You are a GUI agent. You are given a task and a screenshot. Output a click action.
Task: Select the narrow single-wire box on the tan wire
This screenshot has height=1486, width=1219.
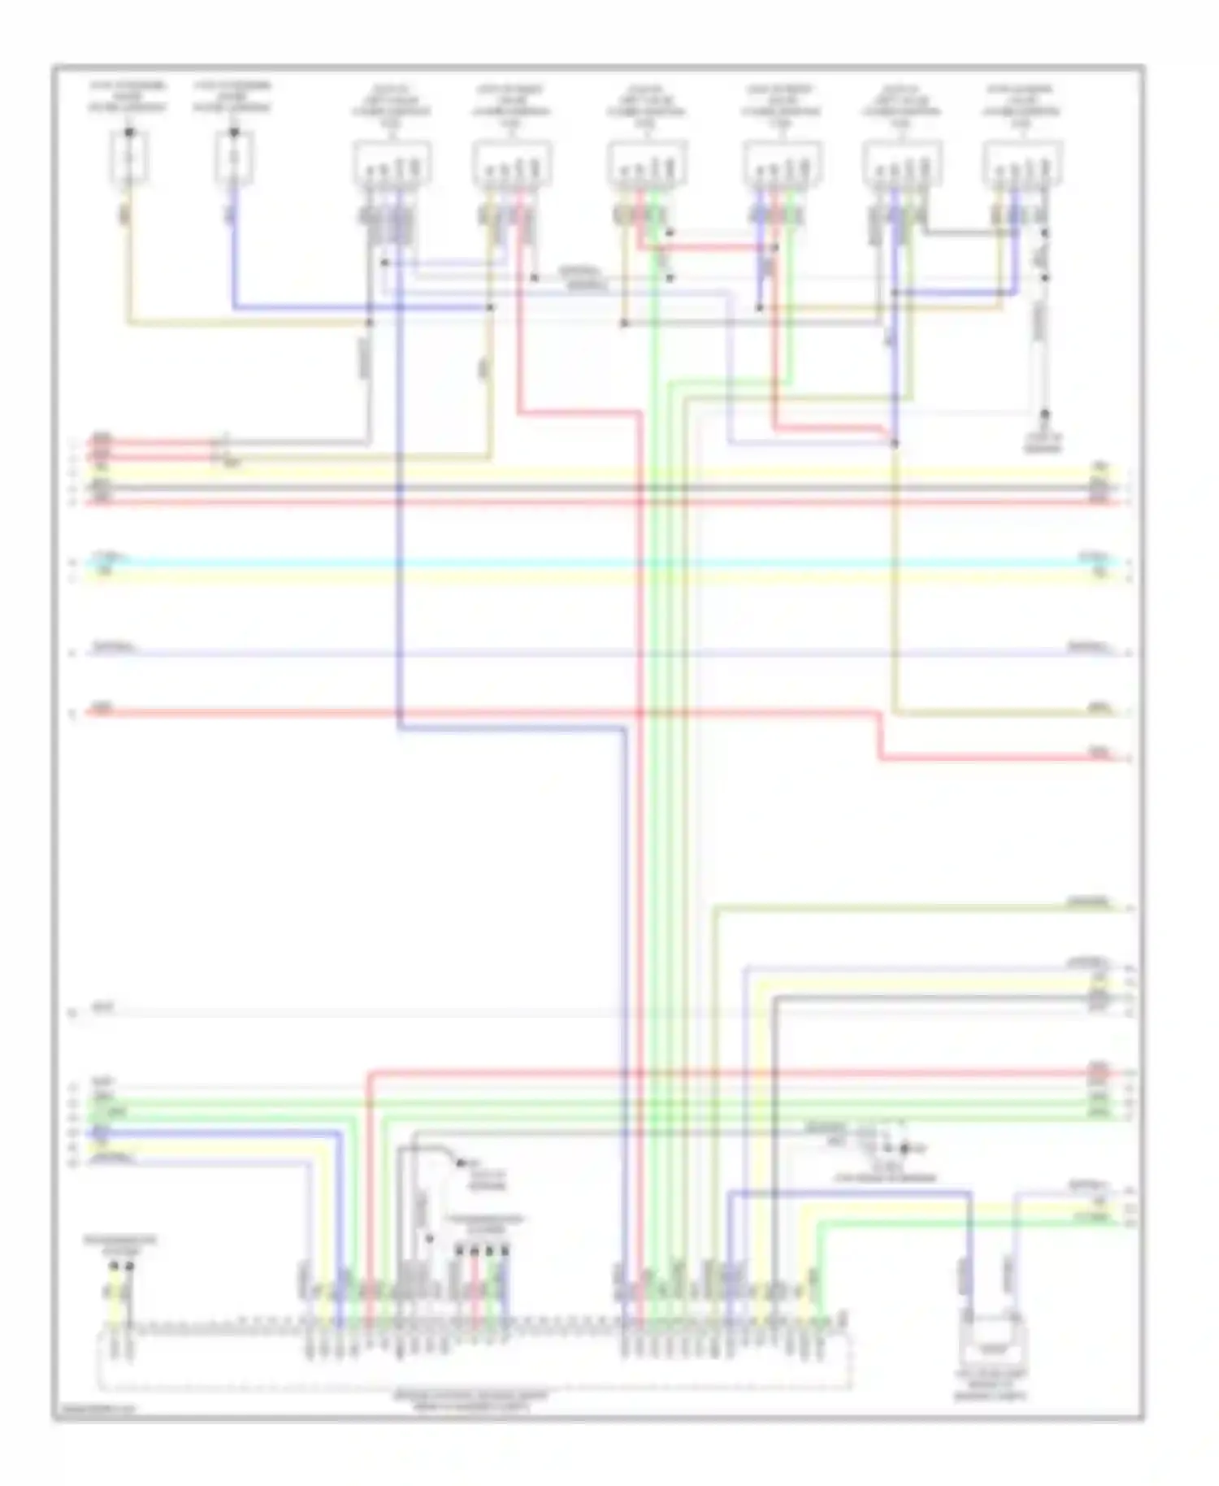point(128,158)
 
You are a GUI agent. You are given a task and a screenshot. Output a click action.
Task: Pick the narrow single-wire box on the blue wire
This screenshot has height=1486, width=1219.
point(233,158)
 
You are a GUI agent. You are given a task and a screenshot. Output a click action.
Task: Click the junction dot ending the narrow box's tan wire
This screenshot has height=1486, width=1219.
point(369,323)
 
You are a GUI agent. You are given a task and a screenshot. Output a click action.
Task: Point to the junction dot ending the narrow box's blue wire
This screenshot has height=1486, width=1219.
point(490,307)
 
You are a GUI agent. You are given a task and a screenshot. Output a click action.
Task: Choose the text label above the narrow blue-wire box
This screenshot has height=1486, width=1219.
point(233,97)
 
